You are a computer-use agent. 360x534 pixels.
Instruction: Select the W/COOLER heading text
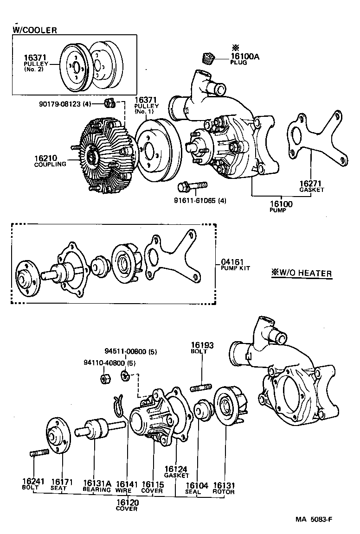35,31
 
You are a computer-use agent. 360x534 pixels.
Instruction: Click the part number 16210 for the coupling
45,158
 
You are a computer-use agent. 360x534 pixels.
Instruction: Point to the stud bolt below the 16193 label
202,386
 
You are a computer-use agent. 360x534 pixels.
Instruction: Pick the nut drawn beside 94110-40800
105,379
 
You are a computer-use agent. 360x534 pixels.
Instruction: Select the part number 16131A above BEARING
97,483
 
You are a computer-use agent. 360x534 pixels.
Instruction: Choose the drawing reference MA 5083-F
314,519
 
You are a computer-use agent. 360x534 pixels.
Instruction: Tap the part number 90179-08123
65,104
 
